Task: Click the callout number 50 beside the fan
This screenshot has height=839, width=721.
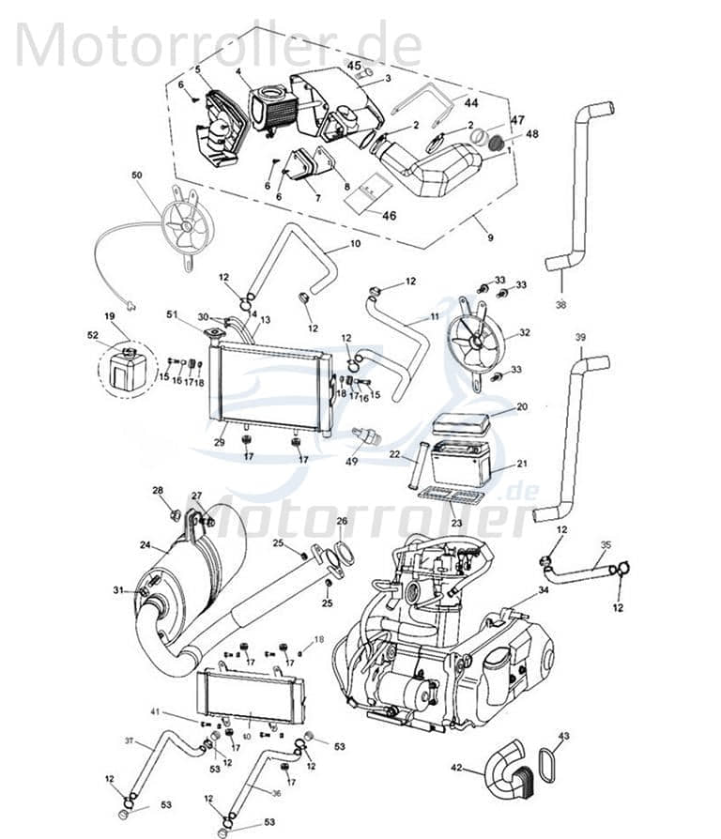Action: [x=137, y=176]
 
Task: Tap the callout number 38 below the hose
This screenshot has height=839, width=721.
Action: [x=560, y=305]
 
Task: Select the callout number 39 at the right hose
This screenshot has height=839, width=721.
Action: [x=580, y=337]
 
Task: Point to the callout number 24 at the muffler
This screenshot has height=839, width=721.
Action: [x=146, y=544]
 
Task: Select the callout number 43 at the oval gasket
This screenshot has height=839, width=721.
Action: [x=563, y=735]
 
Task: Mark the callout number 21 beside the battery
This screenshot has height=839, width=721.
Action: [x=523, y=463]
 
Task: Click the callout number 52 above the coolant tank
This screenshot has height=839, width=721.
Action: [x=93, y=336]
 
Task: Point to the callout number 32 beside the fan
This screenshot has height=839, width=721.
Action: [x=524, y=332]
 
